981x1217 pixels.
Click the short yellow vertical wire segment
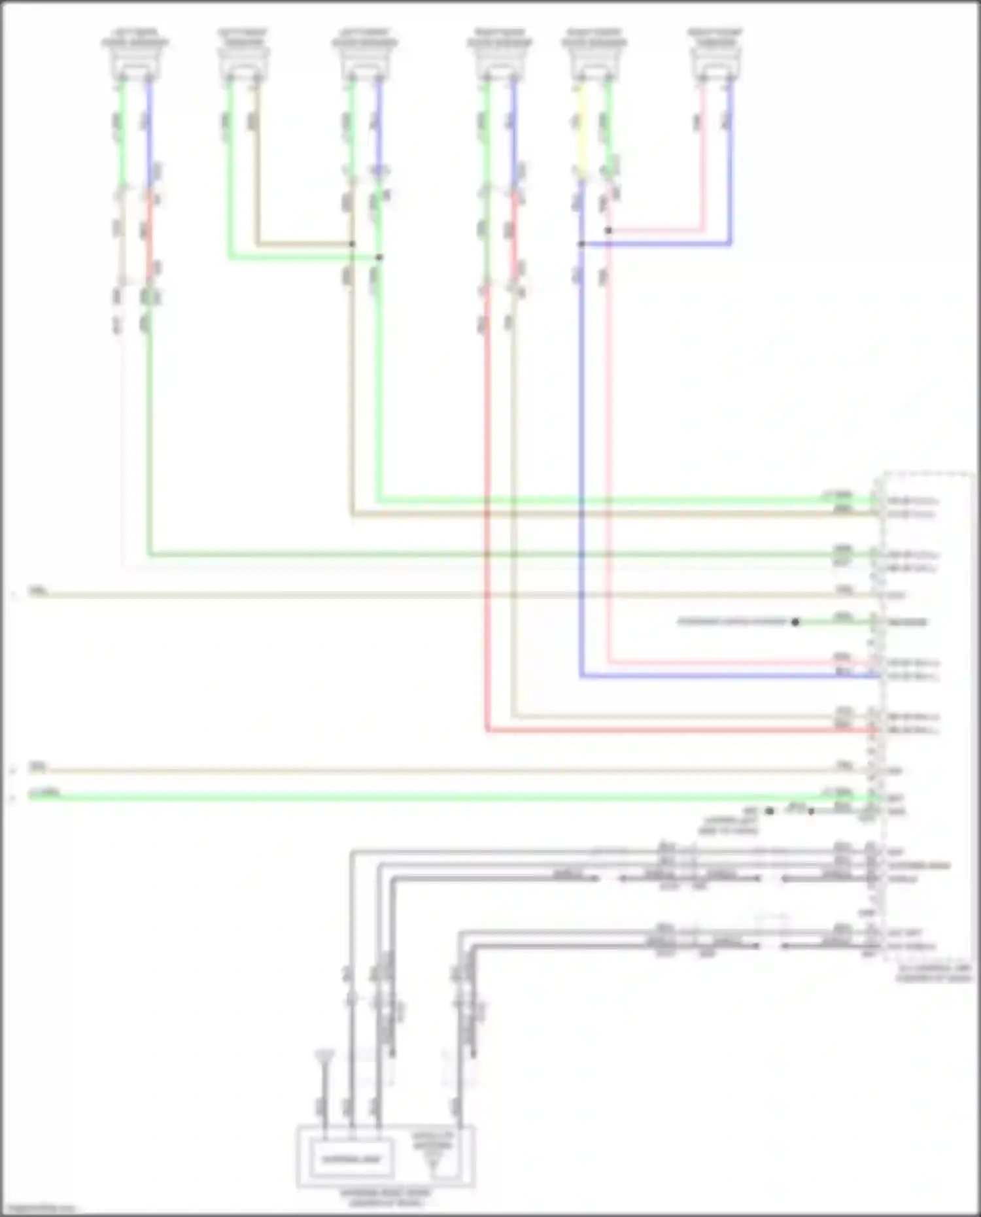point(581,131)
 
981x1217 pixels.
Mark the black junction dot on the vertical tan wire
point(353,244)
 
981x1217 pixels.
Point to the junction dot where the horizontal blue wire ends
point(581,244)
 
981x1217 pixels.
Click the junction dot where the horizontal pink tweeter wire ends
point(608,230)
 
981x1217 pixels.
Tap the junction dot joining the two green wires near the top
point(379,257)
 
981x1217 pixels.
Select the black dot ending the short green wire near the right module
point(795,622)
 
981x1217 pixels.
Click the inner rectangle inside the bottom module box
point(353,1159)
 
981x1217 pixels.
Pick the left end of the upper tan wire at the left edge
point(31,594)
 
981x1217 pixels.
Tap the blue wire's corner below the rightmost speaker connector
point(730,244)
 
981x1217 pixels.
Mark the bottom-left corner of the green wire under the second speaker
point(230,257)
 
